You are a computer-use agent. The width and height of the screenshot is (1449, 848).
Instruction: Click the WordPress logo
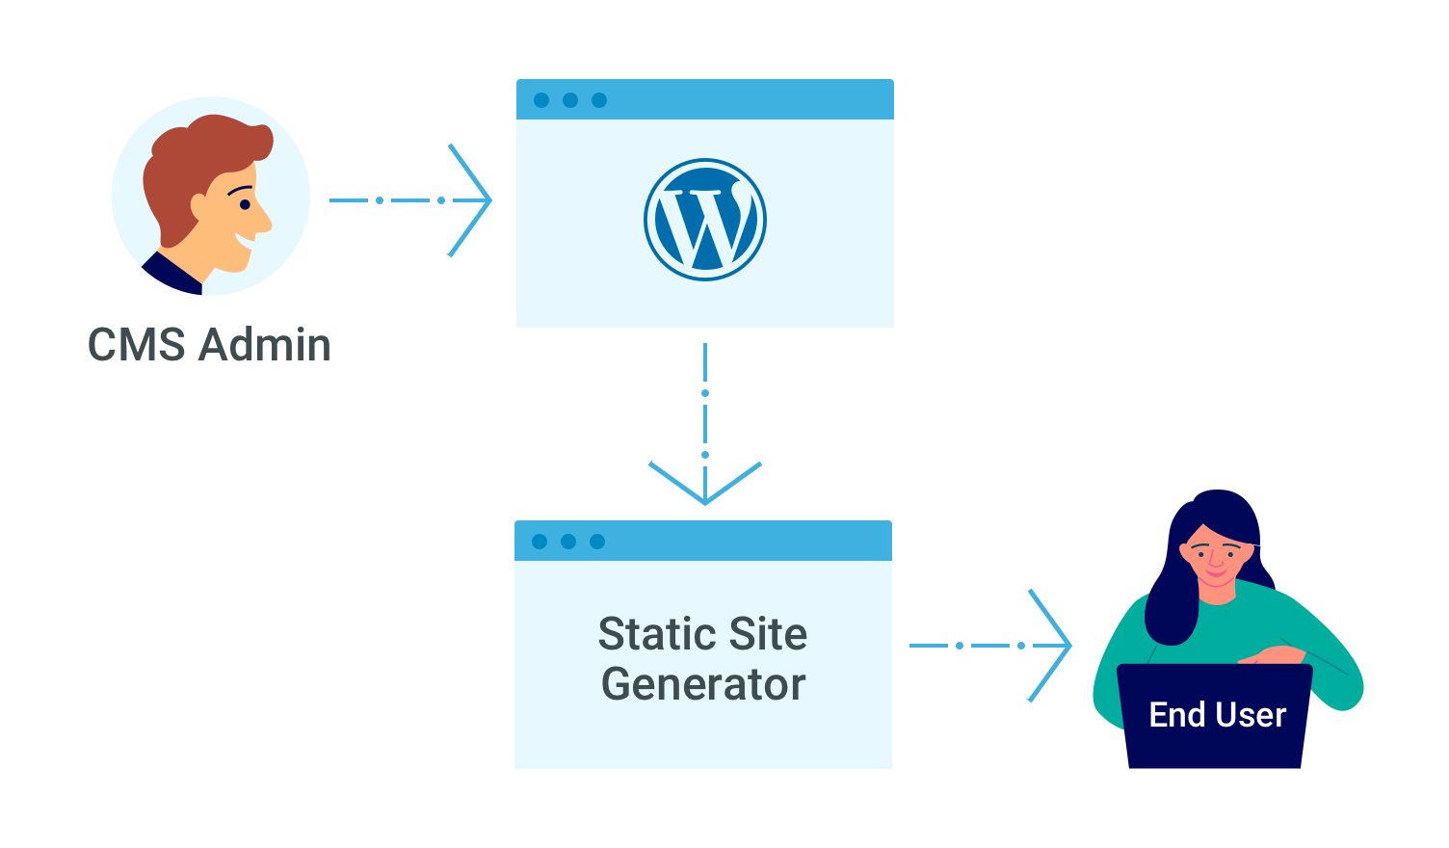(x=705, y=220)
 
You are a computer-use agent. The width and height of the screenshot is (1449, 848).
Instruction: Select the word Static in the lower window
(x=655, y=634)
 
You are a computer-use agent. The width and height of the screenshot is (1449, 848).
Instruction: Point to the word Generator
(x=703, y=684)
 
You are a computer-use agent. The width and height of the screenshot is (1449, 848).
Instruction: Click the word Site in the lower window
(x=768, y=634)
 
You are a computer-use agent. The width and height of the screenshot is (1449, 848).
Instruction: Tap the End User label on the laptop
(x=1217, y=715)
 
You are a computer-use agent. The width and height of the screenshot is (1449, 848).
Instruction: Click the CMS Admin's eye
(x=245, y=204)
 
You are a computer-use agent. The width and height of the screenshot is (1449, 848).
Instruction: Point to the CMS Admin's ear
(x=199, y=208)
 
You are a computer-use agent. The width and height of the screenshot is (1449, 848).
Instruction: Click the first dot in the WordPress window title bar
(x=541, y=100)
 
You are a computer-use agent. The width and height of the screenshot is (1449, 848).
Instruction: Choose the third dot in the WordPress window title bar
(x=599, y=100)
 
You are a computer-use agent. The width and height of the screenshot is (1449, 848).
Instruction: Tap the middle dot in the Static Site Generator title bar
(x=568, y=542)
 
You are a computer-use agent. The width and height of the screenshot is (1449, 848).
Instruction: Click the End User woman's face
(x=1219, y=560)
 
